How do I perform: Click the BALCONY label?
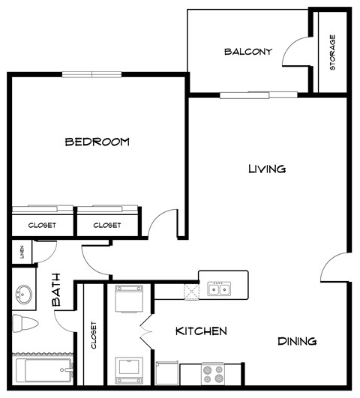click(x=247, y=52)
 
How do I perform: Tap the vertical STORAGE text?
click(x=332, y=52)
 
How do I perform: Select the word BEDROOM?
click(x=97, y=141)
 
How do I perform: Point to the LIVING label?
click(x=267, y=169)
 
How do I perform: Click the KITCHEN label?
click(x=201, y=331)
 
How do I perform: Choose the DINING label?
click(x=297, y=341)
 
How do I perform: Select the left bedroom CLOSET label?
click(x=43, y=225)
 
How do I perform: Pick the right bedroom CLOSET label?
click(x=108, y=225)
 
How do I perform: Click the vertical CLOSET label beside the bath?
click(x=94, y=337)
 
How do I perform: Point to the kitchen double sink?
click(x=219, y=289)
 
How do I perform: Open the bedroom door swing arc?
click(x=161, y=224)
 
